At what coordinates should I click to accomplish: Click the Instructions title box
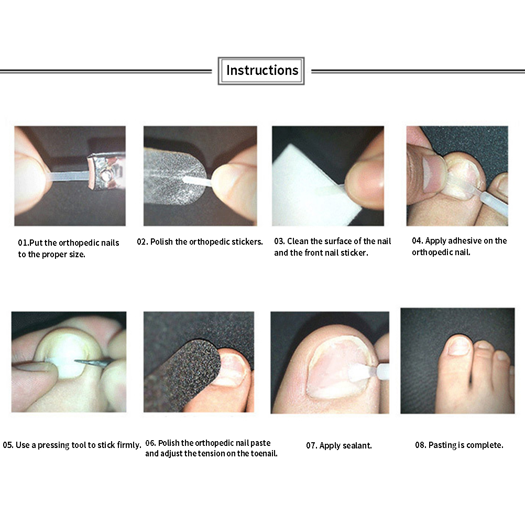click(x=261, y=71)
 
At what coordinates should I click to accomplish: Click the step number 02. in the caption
click(x=143, y=242)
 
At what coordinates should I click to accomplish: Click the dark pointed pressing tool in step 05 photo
click(x=95, y=362)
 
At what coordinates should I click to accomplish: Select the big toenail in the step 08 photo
click(x=458, y=346)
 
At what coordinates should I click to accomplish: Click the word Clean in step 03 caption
click(x=298, y=241)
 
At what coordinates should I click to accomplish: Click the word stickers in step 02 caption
click(x=247, y=242)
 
